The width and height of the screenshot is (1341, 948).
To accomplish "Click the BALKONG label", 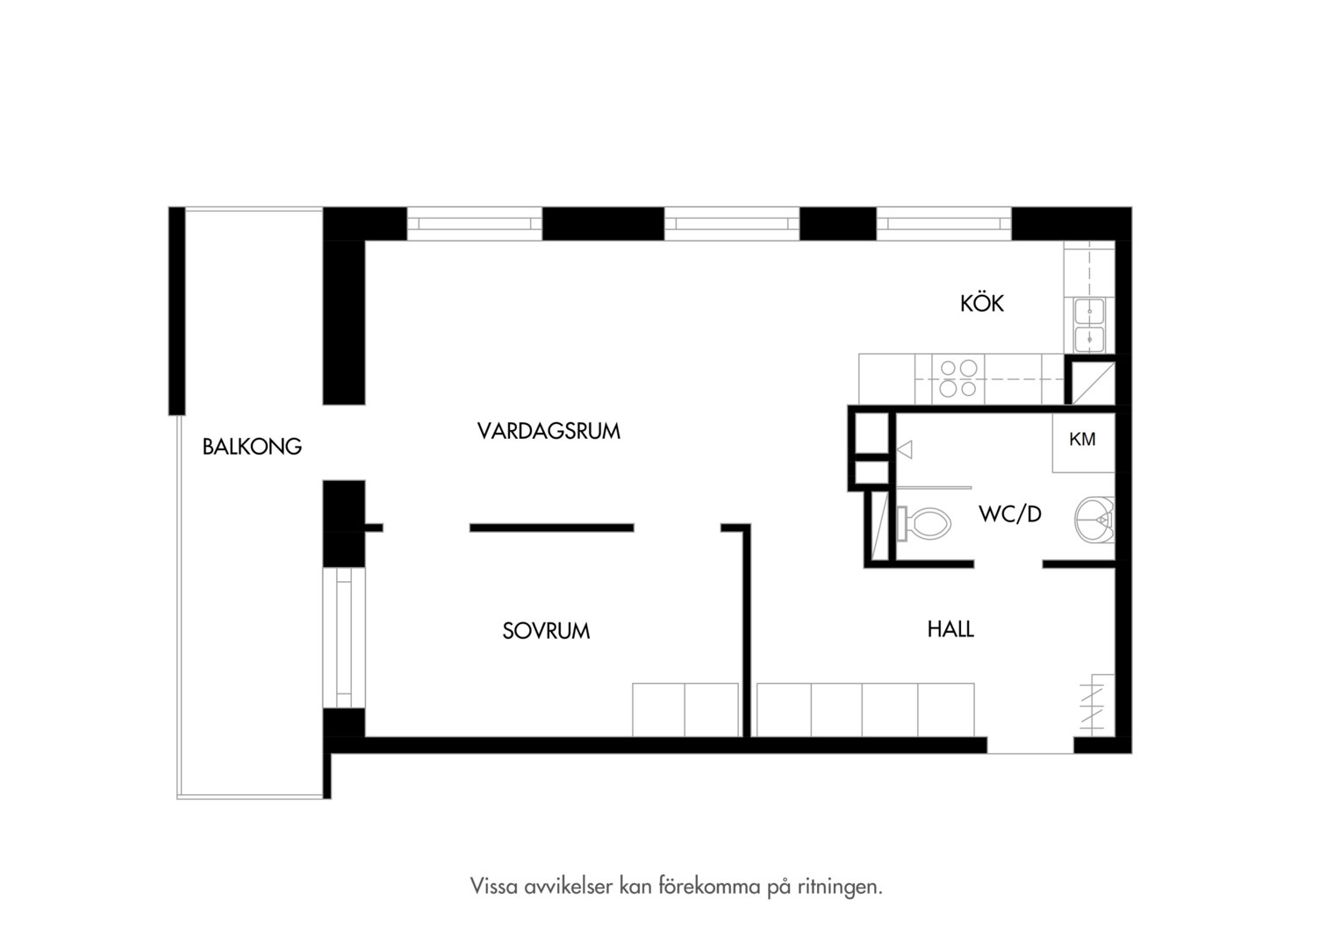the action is (252, 447).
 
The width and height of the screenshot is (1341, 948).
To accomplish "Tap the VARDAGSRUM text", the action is (549, 431).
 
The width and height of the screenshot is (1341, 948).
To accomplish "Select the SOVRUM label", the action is (546, 630).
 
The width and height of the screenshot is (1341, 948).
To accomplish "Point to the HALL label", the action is (950, 628).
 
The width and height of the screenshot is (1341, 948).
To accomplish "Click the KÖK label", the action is (982, 303).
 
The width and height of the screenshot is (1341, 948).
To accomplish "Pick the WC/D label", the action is (1010, 513).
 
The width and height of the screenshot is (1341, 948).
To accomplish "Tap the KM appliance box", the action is (1084, 442).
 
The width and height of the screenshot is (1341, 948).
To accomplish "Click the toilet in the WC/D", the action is (924, 524).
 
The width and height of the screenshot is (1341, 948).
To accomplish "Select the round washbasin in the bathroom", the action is (1095, 520).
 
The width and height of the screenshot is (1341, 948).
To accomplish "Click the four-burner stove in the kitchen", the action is (957, 378).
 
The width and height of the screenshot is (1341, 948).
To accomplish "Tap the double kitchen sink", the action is (1089, 325).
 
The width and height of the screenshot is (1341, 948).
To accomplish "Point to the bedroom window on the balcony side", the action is (344, 637).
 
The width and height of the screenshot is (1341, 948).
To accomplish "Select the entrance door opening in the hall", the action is (1030, 745).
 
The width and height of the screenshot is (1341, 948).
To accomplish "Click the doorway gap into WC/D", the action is (1008, 564).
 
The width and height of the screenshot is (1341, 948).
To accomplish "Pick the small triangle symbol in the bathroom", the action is (904, 449).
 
